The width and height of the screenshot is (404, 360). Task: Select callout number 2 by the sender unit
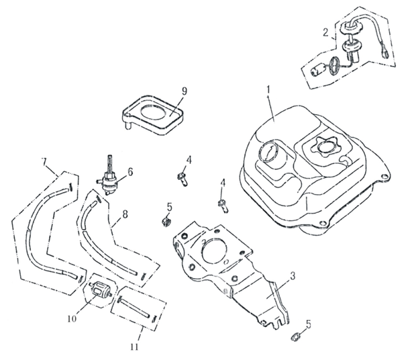click(x=325, y=32)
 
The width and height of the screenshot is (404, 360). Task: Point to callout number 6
click(x=130, y=171)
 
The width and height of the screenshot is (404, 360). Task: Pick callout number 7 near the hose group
click(x=44, y=162)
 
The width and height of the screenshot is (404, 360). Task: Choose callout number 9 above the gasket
click(x=165, y=91)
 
